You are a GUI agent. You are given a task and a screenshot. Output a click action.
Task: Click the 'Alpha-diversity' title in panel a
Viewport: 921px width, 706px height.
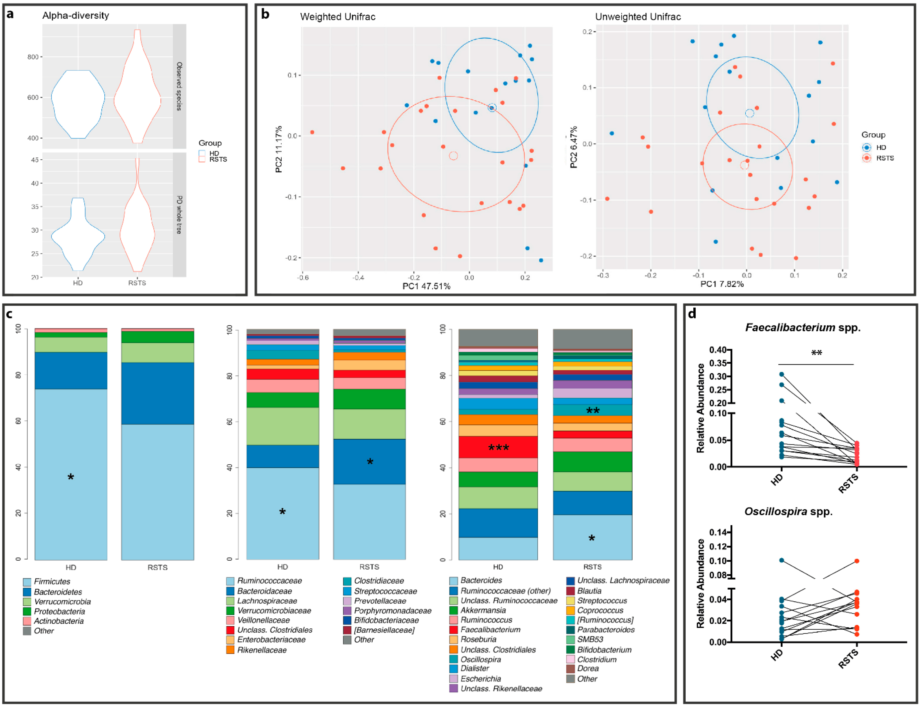(x=76, y=16)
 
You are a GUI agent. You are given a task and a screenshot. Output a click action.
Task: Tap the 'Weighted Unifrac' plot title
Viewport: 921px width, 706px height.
(x=338, y=17)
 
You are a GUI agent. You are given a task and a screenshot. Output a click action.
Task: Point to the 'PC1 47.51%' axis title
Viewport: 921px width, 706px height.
(x=426, y=286)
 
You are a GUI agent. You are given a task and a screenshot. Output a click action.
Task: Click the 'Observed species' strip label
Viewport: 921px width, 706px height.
(x=179, y=86)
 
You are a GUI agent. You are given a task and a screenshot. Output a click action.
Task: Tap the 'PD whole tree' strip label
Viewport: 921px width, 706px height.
(x=179, y=214)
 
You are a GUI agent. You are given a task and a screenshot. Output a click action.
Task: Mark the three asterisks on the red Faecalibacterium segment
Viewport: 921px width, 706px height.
(x=499, y=448)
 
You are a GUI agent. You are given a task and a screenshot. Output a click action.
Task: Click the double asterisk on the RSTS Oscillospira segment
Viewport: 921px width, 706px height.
(x=593, y=411)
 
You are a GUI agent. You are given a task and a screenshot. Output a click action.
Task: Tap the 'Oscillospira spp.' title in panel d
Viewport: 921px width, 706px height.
(x=788, y=512)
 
